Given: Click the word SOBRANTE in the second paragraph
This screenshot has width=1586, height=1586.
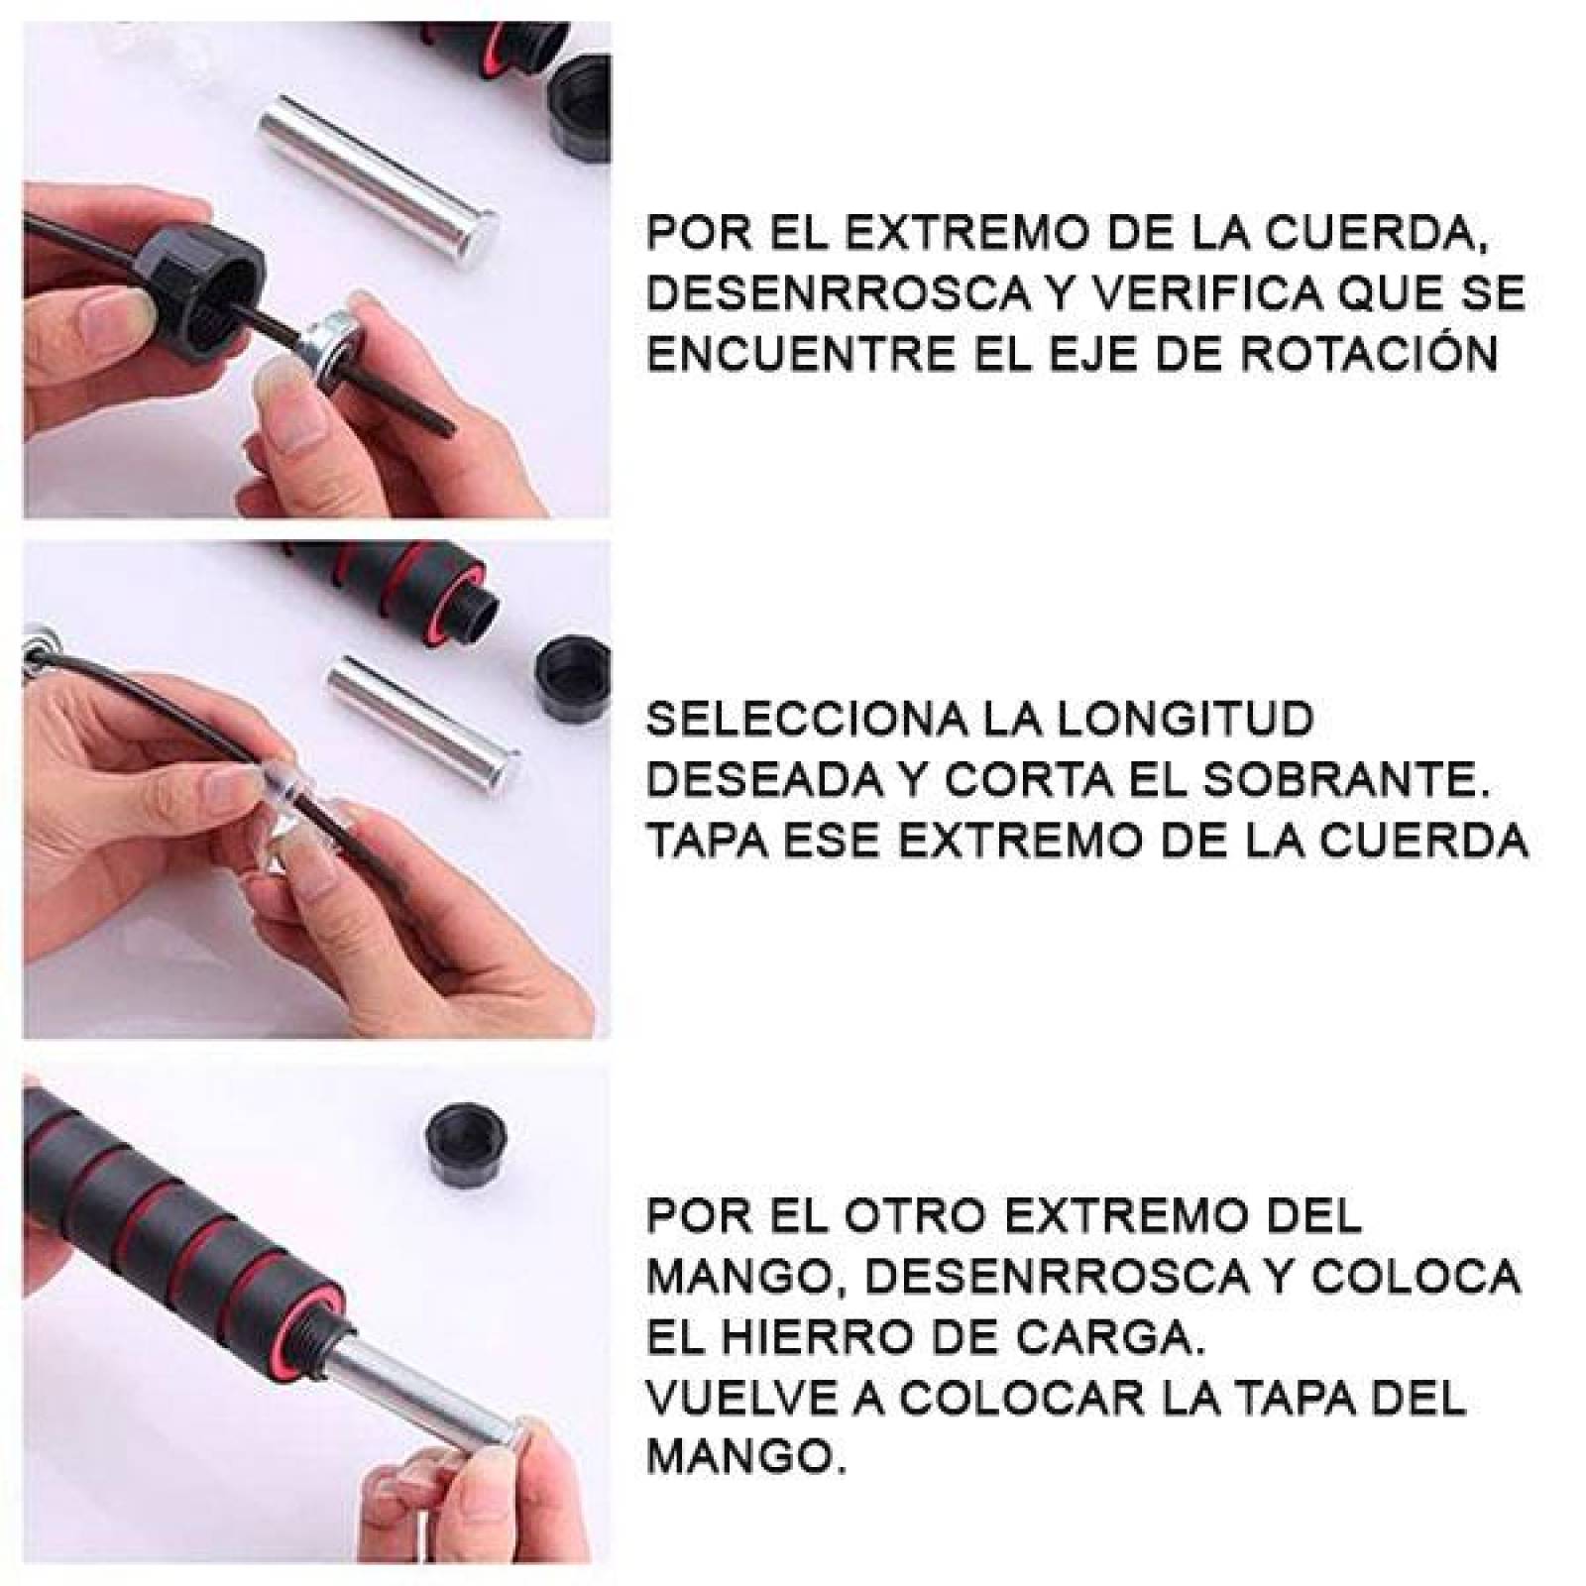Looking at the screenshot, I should click(x=1345, y=780).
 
